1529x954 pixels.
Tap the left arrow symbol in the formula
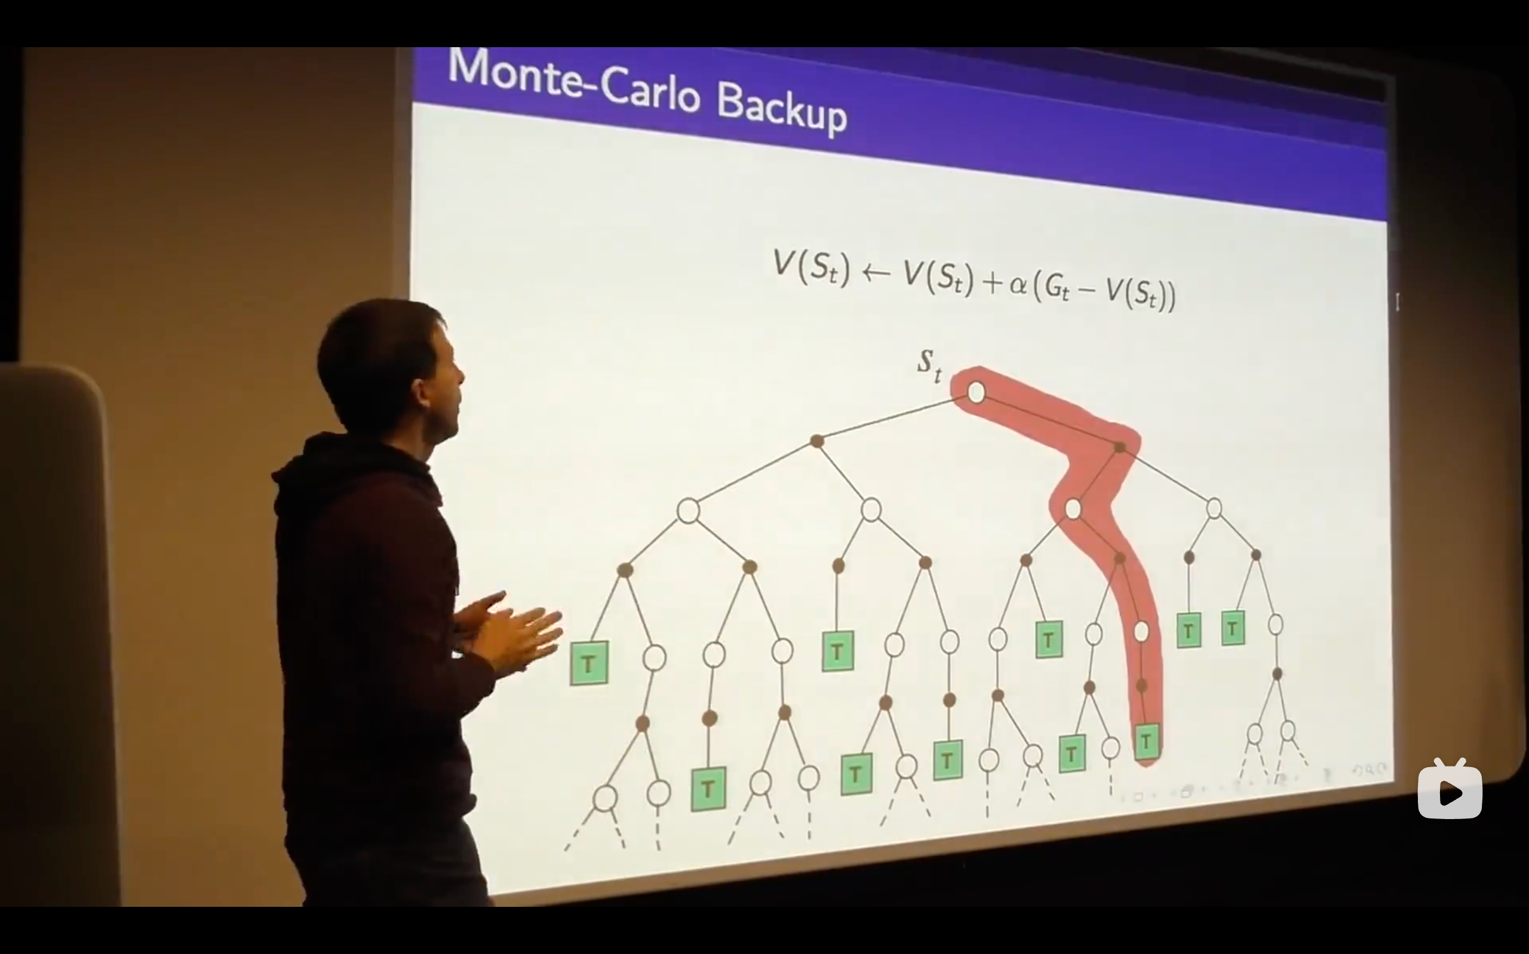click(876, 273)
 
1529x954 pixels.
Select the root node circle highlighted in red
click(975, 392)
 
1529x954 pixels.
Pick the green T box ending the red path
click(1146, 742)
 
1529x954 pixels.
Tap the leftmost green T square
click(589, 663)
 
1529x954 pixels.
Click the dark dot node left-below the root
click(816, 441)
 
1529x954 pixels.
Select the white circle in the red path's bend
click(1073, 509)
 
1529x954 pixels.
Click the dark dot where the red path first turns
click(1119, 447)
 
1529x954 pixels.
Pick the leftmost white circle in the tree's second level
click(688, 511)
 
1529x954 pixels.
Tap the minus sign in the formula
click(1087, 290)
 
